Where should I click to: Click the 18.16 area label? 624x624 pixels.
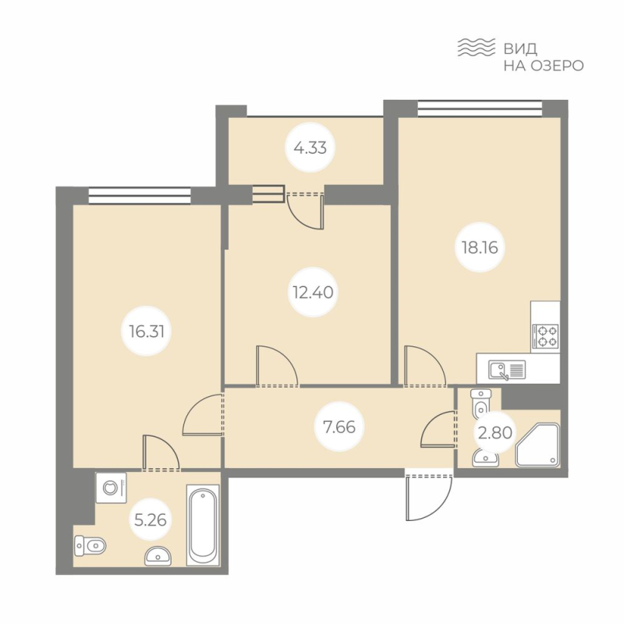click(480, 247)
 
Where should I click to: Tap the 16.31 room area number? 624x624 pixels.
click(147, 331)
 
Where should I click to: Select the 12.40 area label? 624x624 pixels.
click(313, 292)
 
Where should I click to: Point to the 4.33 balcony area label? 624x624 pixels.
click(310, 147)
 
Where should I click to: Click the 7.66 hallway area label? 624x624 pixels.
click(339, 427)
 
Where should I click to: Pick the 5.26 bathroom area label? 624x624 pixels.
click(150, 519)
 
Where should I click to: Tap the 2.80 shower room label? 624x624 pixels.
click(495, 432)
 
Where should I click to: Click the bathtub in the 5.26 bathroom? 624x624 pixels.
click(203, 524)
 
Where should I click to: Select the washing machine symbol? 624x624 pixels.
click(111, 487)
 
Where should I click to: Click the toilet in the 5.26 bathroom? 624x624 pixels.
click(90, 545)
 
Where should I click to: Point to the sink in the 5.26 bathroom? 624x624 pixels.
click(158, 555)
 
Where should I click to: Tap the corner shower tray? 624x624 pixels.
click(537, 445)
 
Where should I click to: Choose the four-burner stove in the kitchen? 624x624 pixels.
click(545, 336)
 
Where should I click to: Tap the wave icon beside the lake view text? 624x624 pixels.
click(477, 48)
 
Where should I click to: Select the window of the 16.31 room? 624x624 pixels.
click(140, 197)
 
